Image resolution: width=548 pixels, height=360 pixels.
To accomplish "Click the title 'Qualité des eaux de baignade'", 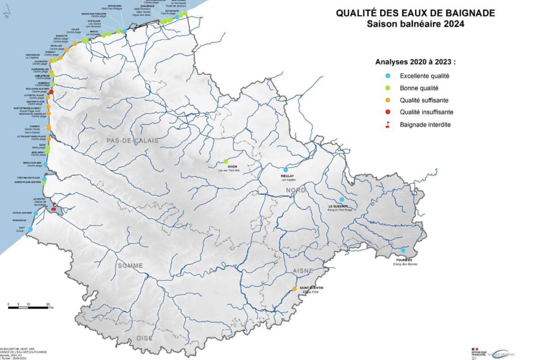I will [415, 13].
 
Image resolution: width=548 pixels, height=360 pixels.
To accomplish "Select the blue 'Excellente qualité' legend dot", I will [388, 76].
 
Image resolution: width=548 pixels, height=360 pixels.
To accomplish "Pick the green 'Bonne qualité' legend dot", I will [388, 88].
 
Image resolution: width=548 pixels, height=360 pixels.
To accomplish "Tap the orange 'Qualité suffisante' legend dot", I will [388, 100].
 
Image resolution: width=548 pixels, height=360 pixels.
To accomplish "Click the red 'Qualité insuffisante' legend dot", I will [388, 112].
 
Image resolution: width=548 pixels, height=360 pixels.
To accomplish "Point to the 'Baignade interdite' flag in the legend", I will [388, 124].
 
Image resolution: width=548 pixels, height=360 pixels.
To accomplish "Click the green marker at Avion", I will [226, 161].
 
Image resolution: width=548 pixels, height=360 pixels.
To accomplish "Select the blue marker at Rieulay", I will [286, 170].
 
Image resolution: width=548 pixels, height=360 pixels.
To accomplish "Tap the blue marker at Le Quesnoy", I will [342, 199].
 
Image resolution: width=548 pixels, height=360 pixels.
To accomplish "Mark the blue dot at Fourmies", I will [403, 250].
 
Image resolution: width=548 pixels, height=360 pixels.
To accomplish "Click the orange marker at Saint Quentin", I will [295, 289].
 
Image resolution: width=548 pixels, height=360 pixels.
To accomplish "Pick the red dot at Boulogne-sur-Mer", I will [52, 92].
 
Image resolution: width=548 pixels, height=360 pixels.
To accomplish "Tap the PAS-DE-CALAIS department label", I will [133, 141].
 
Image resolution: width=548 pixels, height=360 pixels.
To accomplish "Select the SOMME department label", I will [130, 265].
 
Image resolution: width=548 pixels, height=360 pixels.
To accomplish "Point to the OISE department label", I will [144, 338].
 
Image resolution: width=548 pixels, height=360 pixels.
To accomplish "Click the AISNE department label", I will [303, 271].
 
